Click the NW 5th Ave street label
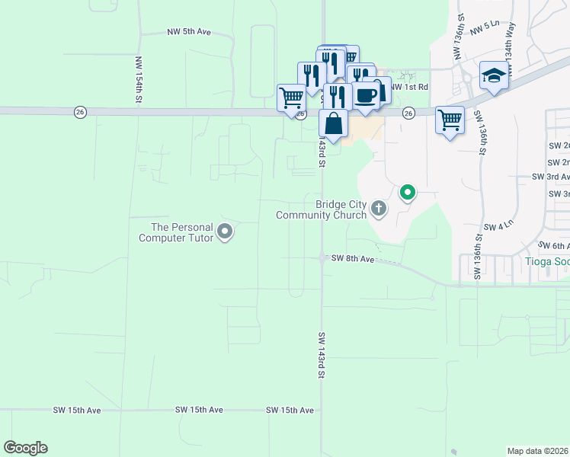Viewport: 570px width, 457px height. coord(188,33)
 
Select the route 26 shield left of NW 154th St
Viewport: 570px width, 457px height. coord(80,112)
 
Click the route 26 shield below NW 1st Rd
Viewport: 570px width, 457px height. coord(408,113)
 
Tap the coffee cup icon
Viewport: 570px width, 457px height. coord(366,95)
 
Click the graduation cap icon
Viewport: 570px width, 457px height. coord(494,75)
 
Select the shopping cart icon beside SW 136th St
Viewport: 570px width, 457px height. coord(450,120)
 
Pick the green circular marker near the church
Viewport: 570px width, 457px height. coord(408,193)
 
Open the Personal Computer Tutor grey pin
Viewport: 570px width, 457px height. coord(225,231)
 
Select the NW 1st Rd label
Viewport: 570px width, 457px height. coord(409,88)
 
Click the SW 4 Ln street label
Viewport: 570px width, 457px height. coord(498,227)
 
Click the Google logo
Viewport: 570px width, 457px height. coord(25,448)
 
